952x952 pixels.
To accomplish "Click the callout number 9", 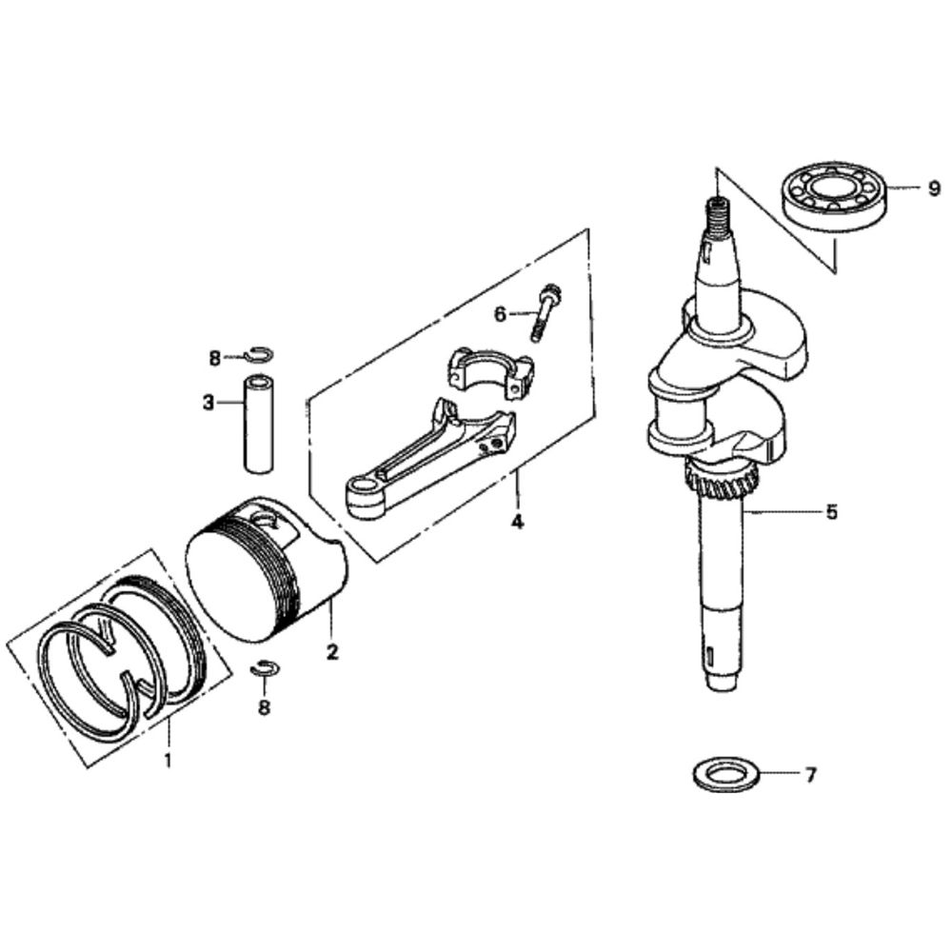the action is pos(934,188).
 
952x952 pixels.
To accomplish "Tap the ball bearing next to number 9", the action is pos(835,199).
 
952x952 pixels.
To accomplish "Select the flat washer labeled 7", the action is pos(725,774).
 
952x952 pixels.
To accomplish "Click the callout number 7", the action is pos(810,775).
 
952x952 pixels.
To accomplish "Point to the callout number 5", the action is pos(831,512).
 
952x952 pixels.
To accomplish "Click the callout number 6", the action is pos(500,314).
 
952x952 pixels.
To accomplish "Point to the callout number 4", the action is pos(517,522).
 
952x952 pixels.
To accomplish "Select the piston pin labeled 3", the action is pos(257,424).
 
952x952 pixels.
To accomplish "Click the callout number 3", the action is pos(208,402).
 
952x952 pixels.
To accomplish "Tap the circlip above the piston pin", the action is pos(260,353).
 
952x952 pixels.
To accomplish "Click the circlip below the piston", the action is pos(265,668).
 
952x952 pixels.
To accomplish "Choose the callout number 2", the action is pos(332,652).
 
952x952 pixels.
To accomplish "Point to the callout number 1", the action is pos(169,759).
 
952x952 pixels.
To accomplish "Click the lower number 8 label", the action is pos(264,707).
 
